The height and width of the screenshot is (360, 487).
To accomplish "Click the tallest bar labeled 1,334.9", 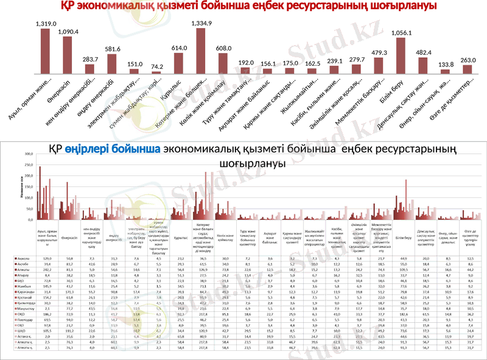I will coord(200,51).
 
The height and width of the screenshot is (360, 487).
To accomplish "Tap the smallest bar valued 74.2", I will coord(156,72).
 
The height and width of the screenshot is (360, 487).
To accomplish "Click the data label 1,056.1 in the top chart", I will coord(400,34).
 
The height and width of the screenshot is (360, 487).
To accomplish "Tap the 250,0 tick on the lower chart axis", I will coord(28,155).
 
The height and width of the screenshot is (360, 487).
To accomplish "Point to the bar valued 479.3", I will coord(379,66).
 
